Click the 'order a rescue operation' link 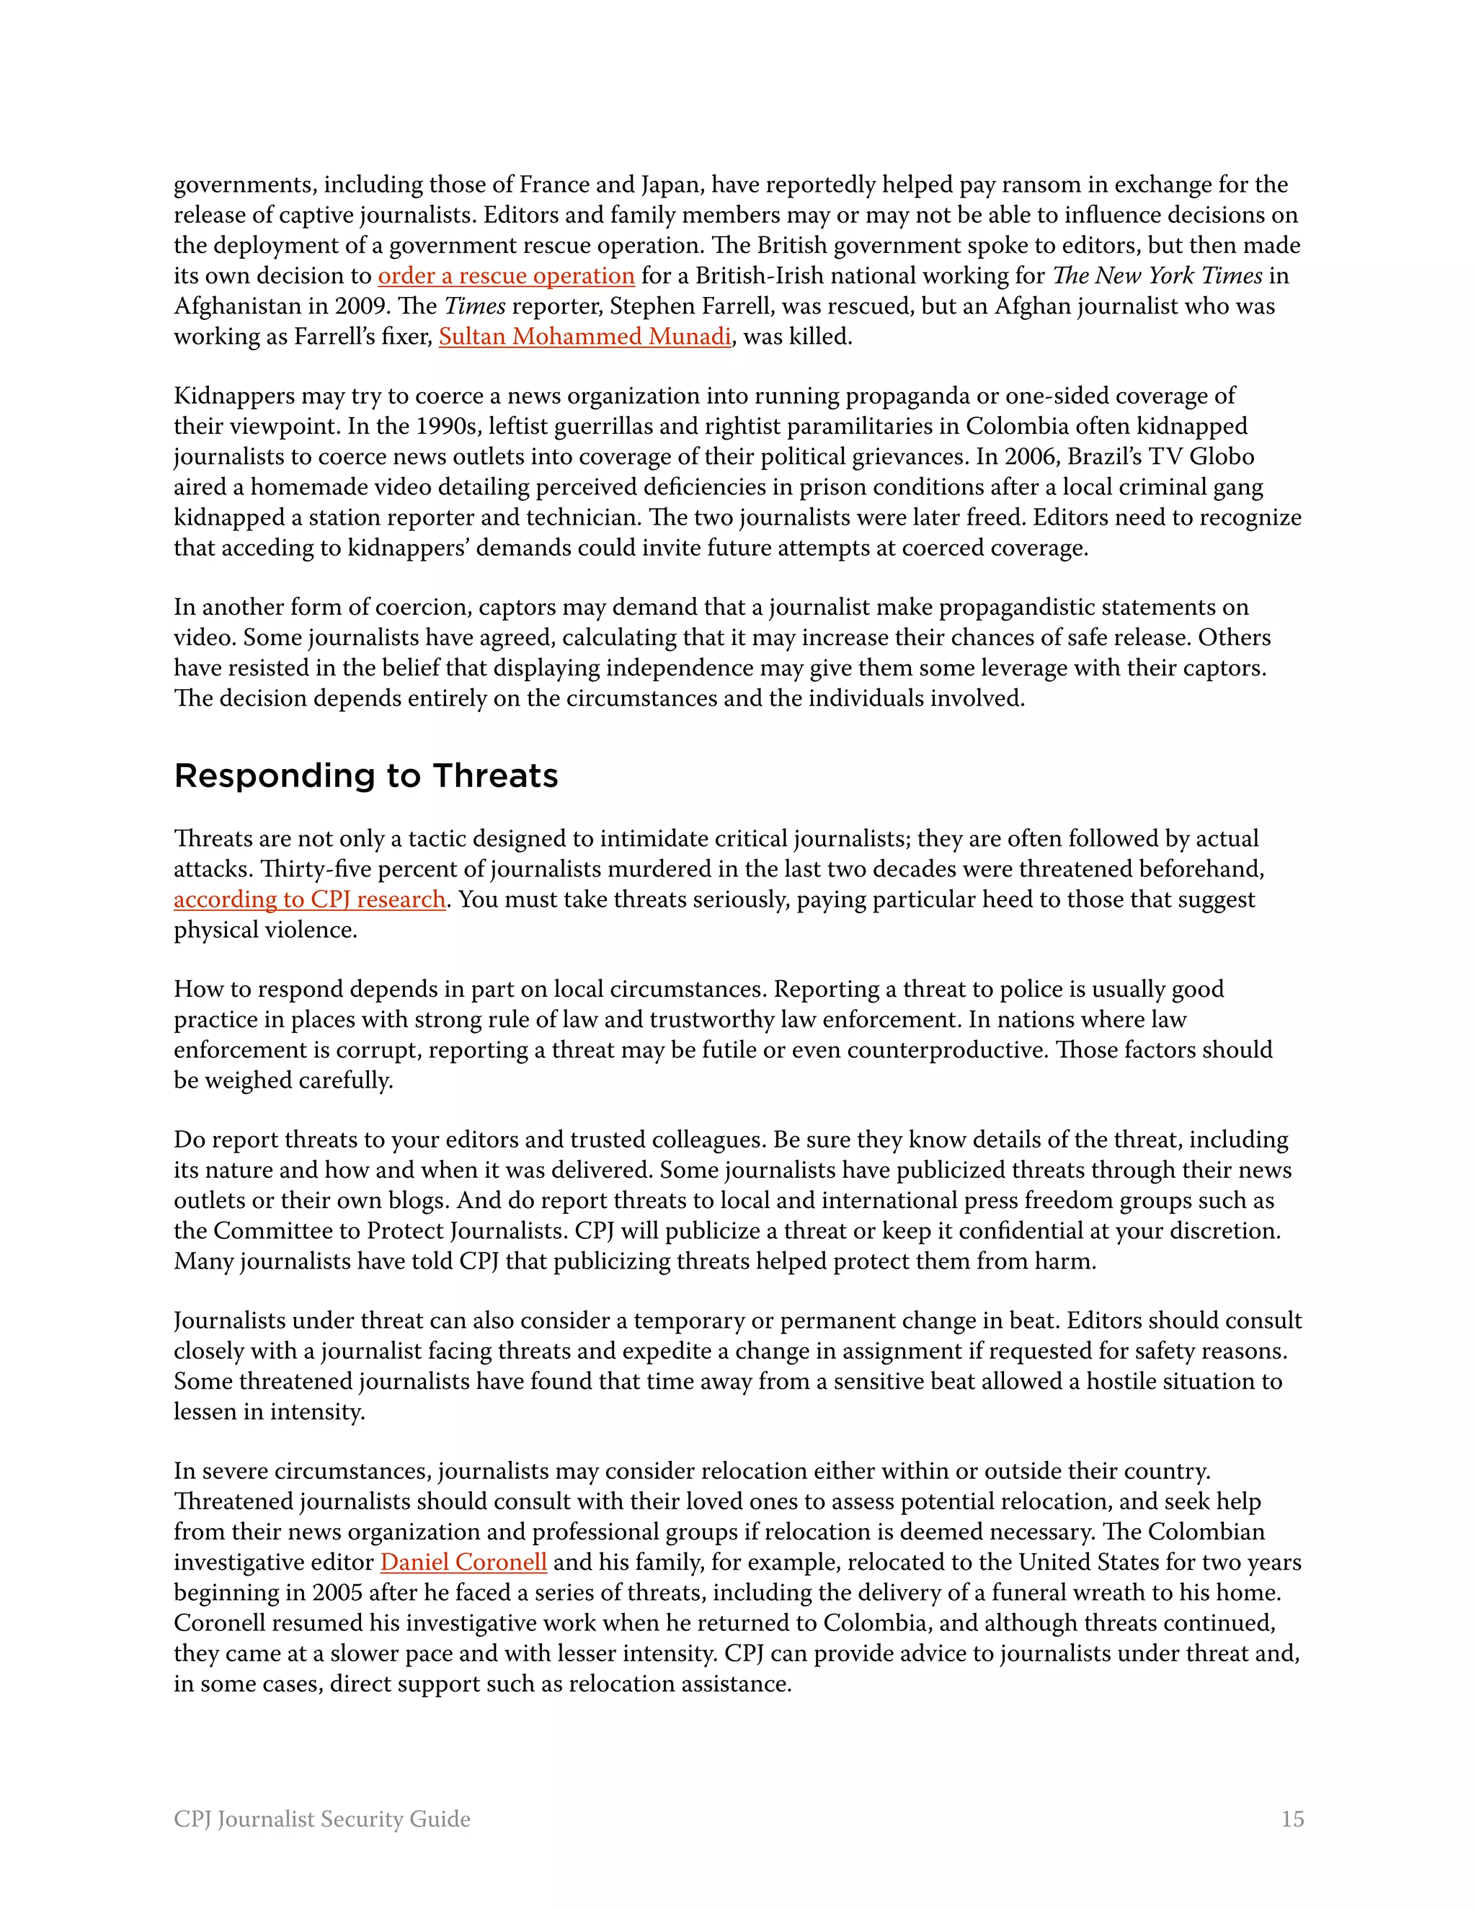[505, 276]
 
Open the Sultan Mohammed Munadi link [584, 337]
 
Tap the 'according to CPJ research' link [309, 900]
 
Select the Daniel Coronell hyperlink [463, 1563]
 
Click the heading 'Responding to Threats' [365, 776]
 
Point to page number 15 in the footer [1291, 1819]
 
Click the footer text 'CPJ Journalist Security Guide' [321, 1819]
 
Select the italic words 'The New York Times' [1157, 276]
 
